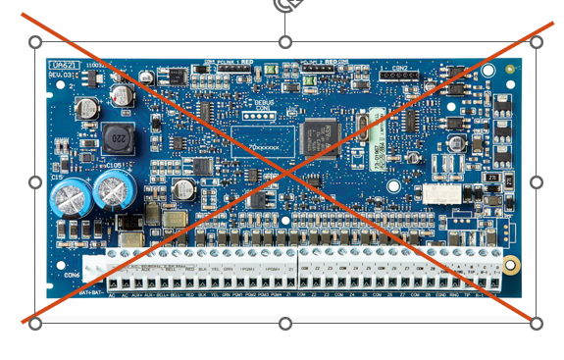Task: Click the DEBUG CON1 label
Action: click(x=253, y=102)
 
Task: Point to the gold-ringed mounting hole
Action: click(x=510, y=265)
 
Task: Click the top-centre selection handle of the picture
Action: click(x=285, y=42)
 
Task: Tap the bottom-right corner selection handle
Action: click(x=536, y=324)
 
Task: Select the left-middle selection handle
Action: click(x=35, y=182)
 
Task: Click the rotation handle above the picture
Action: click(x=285, y=5)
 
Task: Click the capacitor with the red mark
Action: click(x=121, y=95)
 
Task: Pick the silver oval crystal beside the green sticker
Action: click(x=352, y=126)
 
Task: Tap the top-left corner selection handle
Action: click(x=35, y=42)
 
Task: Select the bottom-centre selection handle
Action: click(x=285, y=324)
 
